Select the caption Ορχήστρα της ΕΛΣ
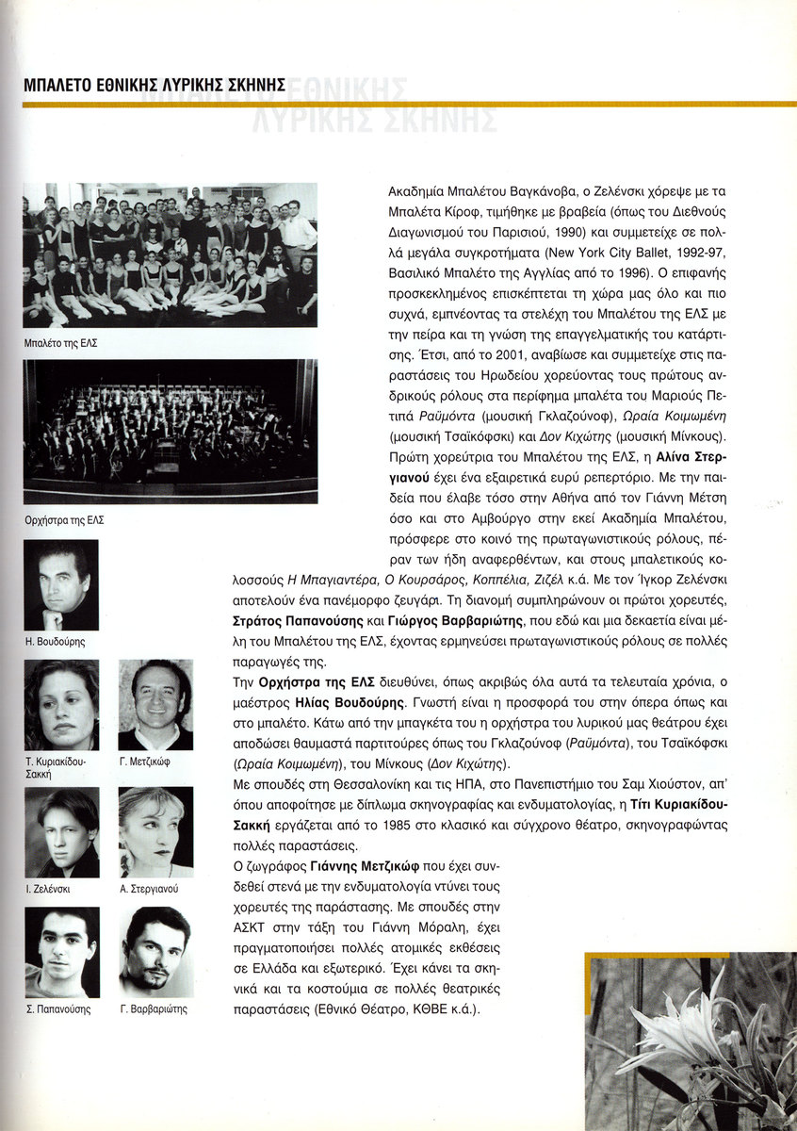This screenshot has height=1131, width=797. pos(63,519)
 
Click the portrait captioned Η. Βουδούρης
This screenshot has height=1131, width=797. pos(61,584)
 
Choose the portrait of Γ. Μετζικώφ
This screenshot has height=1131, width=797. pos(155,704)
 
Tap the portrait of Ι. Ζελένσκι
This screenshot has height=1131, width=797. pos(61,832)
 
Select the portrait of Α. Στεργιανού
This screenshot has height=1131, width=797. pos(155,832)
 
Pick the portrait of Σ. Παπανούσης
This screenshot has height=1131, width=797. pos(61,952)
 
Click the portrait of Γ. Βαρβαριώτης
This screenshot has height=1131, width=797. pos(155,952)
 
